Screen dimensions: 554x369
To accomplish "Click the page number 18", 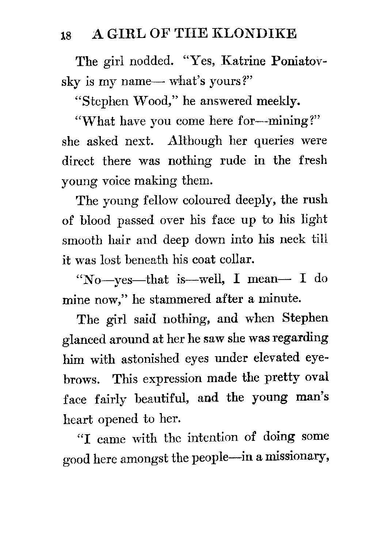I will (67, 35).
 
